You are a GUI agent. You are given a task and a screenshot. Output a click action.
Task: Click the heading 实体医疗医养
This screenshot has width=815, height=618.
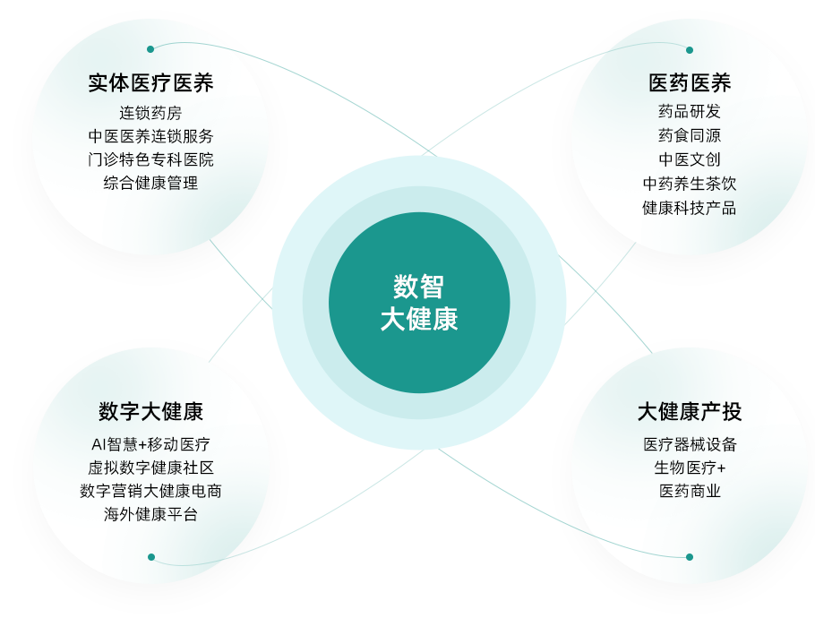(150, 84)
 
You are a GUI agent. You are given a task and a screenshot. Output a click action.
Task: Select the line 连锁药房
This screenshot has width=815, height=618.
(150, 113)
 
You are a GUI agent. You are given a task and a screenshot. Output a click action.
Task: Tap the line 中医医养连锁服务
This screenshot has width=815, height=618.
(150, 136)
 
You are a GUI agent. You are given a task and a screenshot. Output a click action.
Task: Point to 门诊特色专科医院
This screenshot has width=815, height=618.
(150, 159)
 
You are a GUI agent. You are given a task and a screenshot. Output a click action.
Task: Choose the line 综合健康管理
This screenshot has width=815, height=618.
(150, 183)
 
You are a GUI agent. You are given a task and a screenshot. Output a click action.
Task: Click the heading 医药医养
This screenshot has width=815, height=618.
(690, 84)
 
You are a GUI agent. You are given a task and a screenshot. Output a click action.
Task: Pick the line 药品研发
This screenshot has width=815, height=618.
(690, 112)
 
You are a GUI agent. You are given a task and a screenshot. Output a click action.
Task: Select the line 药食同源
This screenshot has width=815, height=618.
(690, 136)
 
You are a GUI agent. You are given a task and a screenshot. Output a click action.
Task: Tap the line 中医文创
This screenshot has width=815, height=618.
(690, 159)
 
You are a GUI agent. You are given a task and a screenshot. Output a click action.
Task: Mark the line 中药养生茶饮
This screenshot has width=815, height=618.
(690, 184)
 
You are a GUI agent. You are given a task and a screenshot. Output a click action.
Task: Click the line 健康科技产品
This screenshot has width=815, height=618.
(690, 208)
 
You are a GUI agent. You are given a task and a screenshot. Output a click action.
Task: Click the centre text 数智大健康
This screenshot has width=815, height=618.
(419, 303)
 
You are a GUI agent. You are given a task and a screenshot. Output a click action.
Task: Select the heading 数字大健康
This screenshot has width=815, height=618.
(150, 412)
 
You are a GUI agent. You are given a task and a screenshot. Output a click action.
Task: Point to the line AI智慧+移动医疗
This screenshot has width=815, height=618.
(150, 444)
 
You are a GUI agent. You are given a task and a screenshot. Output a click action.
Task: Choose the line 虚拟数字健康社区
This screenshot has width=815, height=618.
(150, 468)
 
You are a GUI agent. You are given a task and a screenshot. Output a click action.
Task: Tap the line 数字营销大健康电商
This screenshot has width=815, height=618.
(150, 491)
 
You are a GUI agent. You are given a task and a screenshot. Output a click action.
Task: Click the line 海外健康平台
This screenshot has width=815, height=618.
(150, 514)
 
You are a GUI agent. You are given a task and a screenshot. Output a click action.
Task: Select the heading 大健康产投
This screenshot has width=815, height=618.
(690, 412)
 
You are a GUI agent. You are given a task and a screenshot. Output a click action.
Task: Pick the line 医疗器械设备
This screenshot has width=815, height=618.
(690, 444)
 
